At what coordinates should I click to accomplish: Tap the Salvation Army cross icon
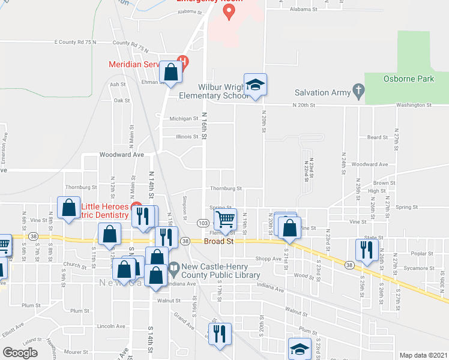(x=358, y=92)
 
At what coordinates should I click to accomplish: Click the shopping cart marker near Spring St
(x=225, y=219)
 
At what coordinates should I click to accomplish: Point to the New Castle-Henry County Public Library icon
(x=174, y=267)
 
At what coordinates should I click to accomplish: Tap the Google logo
(x=20, y=353)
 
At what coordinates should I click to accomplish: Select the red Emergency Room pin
(x=229, y=12)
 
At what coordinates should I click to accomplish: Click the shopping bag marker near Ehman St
(x=171, y=72)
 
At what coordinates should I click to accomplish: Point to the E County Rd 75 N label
(x=75, y=43)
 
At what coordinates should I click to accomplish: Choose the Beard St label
(x=378, y=137)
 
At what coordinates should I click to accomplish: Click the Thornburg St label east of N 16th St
(x=226, y=188)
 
